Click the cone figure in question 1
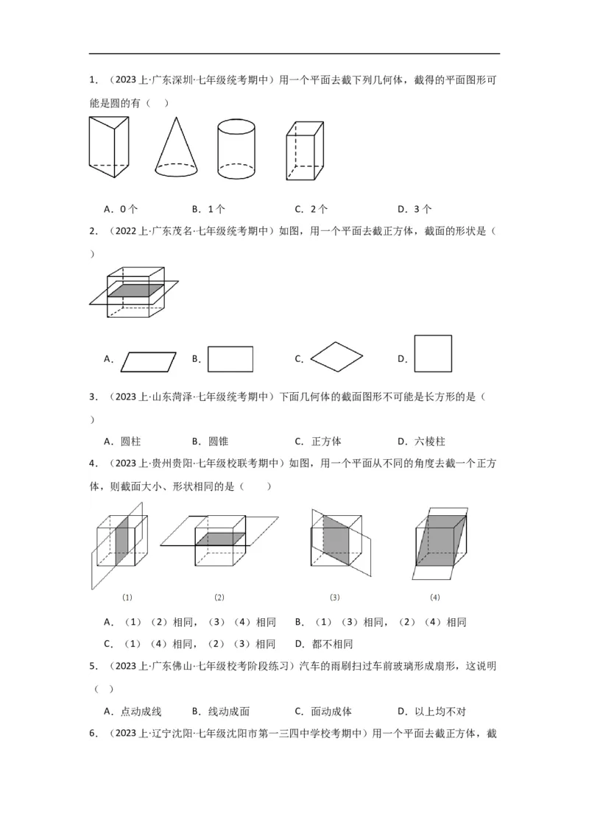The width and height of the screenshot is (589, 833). click(x=176, y=151)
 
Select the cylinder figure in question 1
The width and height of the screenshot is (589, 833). click(x=236, y=150)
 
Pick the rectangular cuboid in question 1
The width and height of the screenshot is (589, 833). click(x=304, y=150)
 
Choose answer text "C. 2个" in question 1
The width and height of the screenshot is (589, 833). click(x=311, y=209)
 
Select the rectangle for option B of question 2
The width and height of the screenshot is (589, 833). click(x=230, y=359)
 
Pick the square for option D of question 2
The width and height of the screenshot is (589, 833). click(x=433, y=354)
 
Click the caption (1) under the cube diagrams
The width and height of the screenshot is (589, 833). click(x=127, y=597)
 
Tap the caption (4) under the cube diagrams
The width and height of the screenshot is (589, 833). click(x=434, y=597)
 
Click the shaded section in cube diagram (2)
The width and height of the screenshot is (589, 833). click(x=220, y=539)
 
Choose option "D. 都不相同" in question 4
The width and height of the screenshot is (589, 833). click(x=323, y=644)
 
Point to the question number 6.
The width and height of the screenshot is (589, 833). click(x=93, y=734)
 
